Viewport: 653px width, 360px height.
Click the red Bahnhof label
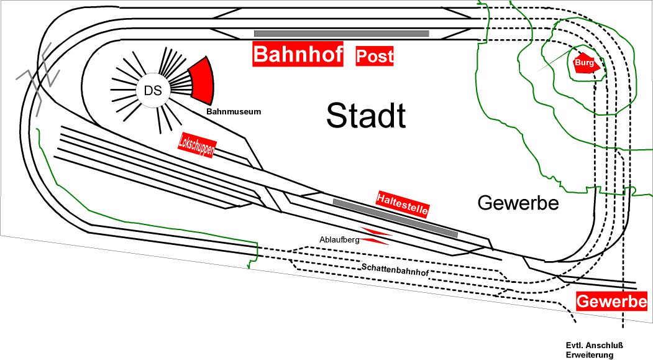pos(298,55)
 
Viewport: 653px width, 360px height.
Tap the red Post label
pos(375,57)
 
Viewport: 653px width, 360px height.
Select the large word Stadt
pos(366,116)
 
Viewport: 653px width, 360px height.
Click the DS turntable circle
pos(153,91)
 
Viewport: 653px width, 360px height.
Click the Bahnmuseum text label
pos(234,112)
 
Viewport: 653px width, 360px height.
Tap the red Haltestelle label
pos(403,203)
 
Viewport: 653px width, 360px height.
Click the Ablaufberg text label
pos(339,239)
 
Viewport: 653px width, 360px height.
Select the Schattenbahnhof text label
pos(395,269)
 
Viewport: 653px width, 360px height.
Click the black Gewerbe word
pos(518,202)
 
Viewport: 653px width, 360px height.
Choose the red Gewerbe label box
pos(611,302)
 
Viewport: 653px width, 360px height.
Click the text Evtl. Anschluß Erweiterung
pos(594,351)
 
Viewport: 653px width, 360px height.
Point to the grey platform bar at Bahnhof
pos(341,33)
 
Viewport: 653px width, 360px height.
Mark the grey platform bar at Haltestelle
pos(395,218)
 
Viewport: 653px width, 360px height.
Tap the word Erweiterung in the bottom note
pos(590,355)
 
